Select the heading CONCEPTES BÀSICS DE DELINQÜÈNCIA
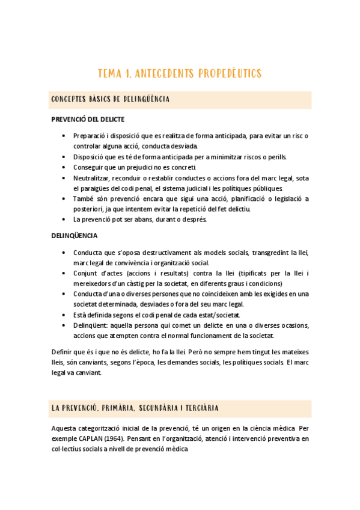click(x=111, y=99)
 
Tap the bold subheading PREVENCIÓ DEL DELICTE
click(x=88, y=120)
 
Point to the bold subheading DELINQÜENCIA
click(x=75, y=236)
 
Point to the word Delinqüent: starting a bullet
click(x=91, y=325)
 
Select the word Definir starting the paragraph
click(x=63, y=351)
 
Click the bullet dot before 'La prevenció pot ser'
click(x=64, y=220)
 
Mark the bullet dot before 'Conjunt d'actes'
click(x=64, y=273)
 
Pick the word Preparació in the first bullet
click(x=90, y=136)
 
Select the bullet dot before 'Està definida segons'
click(x=64, y=315)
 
